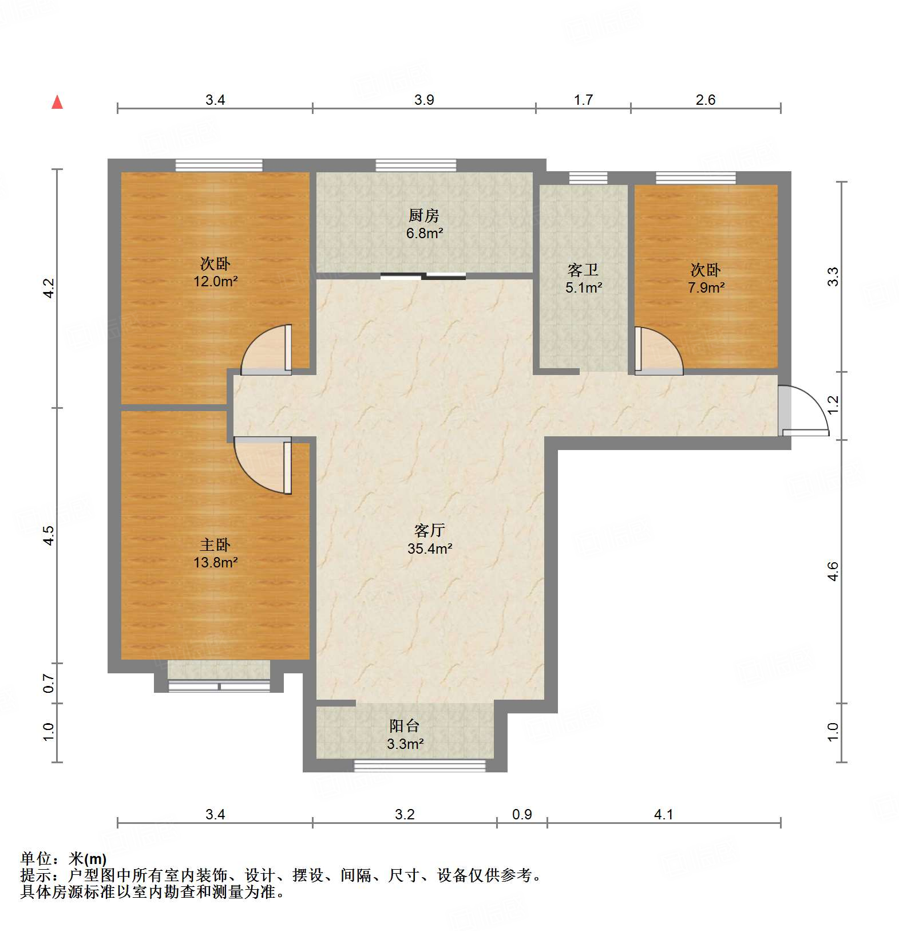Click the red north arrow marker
pyautogui.click(x=57, y=102)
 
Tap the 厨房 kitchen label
pyautogui.click(x=424, y=215)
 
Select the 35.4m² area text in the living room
pyautogui.click(x=430, y=549)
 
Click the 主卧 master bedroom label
pyautogui.click(x=215, y=545)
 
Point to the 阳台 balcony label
pyautogui.click(x=405, y=725)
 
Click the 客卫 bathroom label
pyautogui.click(x=583, y=269)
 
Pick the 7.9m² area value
pyautogui.click(x=706, y=287)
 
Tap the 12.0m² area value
pyautogui.click(x=215, y=281)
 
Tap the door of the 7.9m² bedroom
pyautogui.click(x=659, y=350)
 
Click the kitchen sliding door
pyautogui.click(x=423, y=277)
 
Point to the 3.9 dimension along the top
pyautogui.click(x=424, y=100)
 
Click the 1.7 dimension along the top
pyautogui.click(x=583, y=100)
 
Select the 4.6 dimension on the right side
pyautogui.click(x=833, y=571)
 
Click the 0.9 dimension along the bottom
pyautogui.click(x=522, y=814)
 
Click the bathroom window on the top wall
pyautogui.click(x=588, y=177)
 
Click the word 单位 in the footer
pyautogui.click(x=36, y=859)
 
